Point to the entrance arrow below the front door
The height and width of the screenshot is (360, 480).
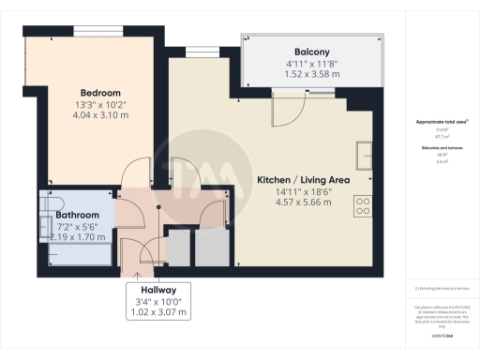pos(138,275)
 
